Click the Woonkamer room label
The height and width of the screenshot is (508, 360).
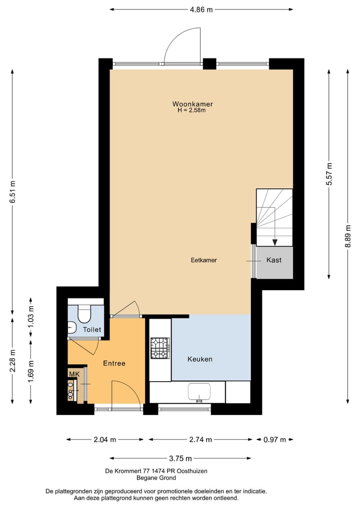point(192,104)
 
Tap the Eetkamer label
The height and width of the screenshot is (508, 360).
point(203,260)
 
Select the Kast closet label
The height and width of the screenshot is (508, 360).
point(273,260)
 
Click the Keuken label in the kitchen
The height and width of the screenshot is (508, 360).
point(200,359)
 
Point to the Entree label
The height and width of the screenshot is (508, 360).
point(114,363)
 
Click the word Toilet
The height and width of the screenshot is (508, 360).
point(92,330)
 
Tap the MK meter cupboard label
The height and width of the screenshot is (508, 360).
point(74,374)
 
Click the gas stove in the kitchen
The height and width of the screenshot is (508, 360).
point(160,348)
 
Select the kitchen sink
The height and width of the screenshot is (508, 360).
point(199,393)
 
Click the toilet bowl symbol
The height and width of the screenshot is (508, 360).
point(84,314)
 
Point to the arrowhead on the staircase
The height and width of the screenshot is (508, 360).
point(274,242)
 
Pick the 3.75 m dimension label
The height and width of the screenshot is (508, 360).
point(180,458)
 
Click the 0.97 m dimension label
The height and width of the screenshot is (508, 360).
point(274,440)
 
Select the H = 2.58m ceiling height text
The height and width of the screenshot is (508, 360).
point(191,110)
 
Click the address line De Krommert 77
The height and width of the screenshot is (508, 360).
point(156,471)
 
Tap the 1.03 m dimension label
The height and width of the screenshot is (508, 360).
point(31,319)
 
